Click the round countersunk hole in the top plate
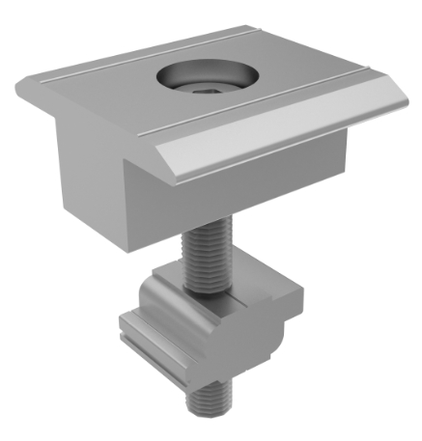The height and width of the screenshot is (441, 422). tap(204, 77)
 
